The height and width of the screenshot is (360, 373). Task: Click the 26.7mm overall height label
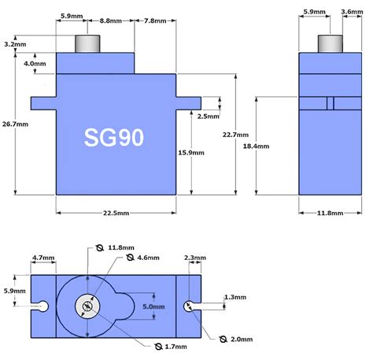(x=16, y=124)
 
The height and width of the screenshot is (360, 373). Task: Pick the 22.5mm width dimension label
(x=115, y=213)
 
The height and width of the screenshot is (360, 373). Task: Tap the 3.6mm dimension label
(x=352, y=13)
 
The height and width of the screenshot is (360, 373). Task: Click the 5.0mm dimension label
(x=154, y=306)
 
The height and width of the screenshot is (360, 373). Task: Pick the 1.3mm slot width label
(x=234, y=297)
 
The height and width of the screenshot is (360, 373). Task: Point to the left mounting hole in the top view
(x=45, y=305)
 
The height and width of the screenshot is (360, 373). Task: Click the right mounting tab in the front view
(x=186, y=102)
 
